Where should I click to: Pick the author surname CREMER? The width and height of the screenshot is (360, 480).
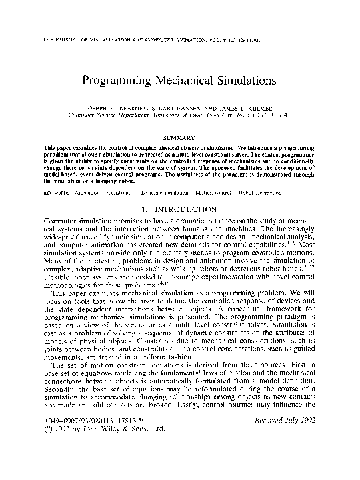click(261, 107)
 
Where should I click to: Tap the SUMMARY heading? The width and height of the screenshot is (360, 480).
click(179, 134)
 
